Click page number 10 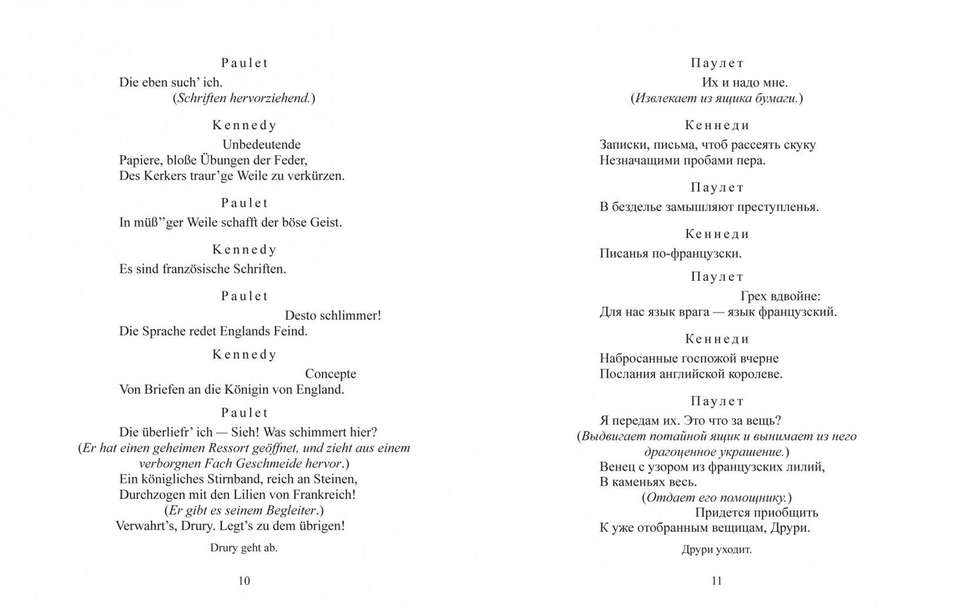pos(244,581)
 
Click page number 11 pos(716,581)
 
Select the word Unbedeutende pos(261,144)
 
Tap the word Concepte pos(331,374)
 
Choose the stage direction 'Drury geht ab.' pos(244,548)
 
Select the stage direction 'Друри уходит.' pos(716,549)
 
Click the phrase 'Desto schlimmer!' pos(333,315)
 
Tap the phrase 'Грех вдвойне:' pos(780,296)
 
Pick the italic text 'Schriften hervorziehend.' pos(243,98)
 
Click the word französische pos(196,269)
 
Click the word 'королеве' pos(754,374)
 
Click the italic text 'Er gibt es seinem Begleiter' pos(242,510)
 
